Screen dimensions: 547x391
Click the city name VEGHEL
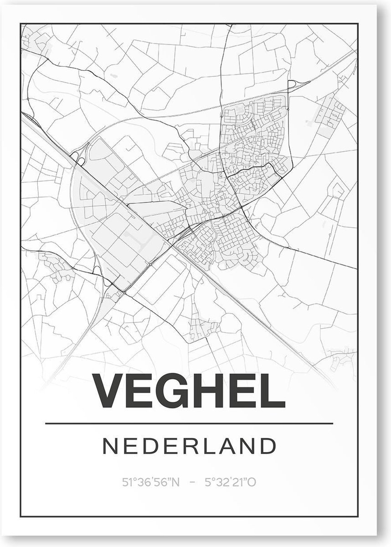pos(189,392)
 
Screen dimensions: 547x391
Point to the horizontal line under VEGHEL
pos(189,423)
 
